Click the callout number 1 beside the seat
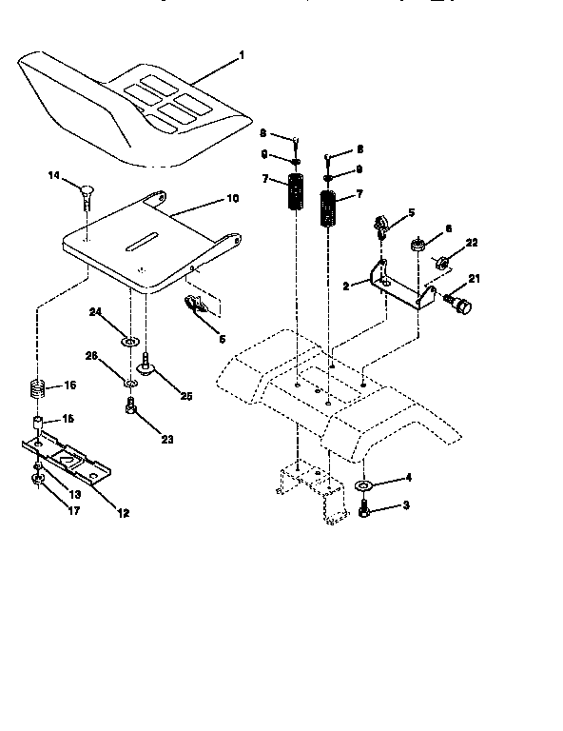(241, 56)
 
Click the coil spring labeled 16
(36, 390)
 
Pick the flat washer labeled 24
(130, 339)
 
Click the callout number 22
(472, 244)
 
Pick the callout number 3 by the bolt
(406, 506)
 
